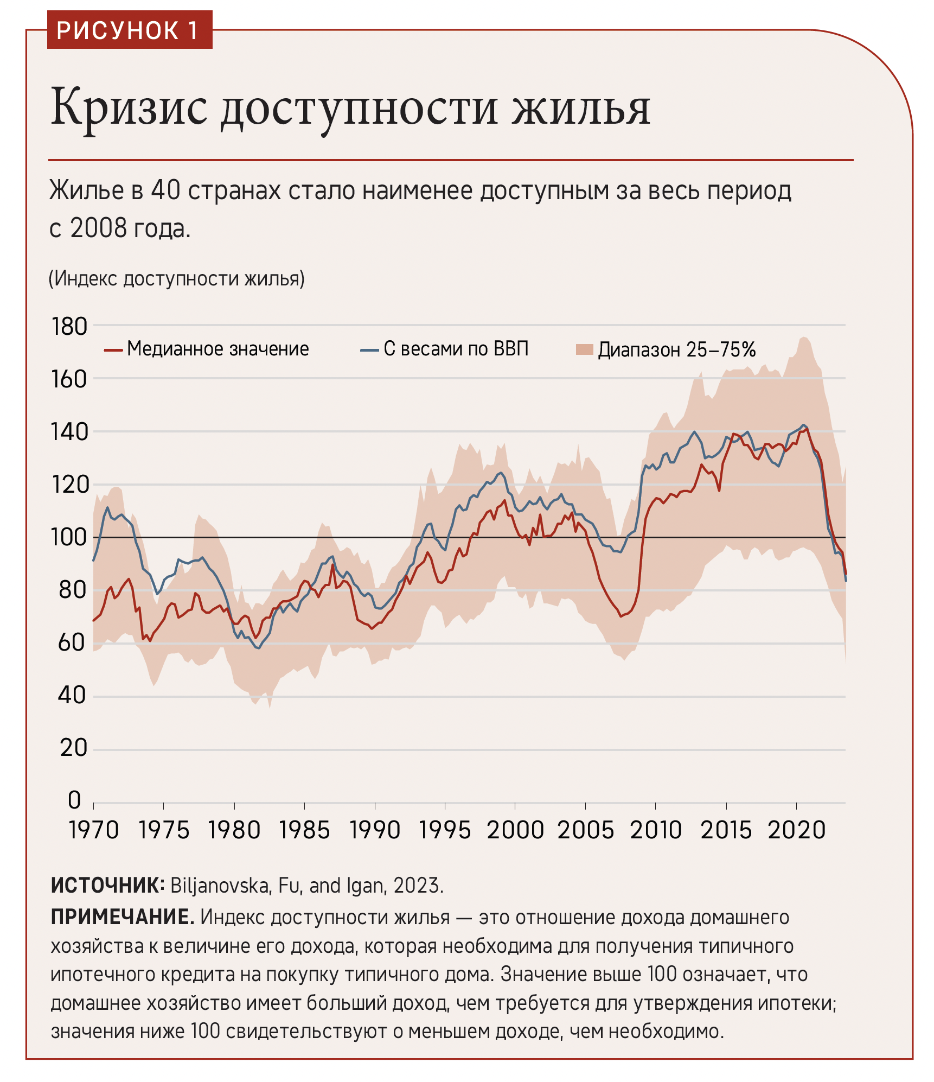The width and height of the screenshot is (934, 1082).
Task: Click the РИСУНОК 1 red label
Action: coord(129,30)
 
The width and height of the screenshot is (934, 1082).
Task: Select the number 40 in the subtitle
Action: coord(165,190)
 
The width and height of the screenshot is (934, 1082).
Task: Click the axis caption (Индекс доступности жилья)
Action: coord(177,278)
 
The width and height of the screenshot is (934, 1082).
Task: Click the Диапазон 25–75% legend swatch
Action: coord(585,349)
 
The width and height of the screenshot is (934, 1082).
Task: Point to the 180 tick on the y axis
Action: coord(69,327)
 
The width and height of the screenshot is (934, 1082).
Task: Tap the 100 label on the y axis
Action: coord(69,537)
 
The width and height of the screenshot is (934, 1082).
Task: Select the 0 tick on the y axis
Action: coord(75,800)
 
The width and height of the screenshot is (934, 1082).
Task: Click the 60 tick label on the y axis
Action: coord(72,643)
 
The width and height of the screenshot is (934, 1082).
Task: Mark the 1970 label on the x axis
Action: coord(94,830)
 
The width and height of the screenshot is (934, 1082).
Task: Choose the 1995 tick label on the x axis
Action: coord(445,830)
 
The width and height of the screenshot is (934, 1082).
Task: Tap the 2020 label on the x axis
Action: coord(796,830)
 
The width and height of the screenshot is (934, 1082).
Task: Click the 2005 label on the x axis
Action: coord(585,830)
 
